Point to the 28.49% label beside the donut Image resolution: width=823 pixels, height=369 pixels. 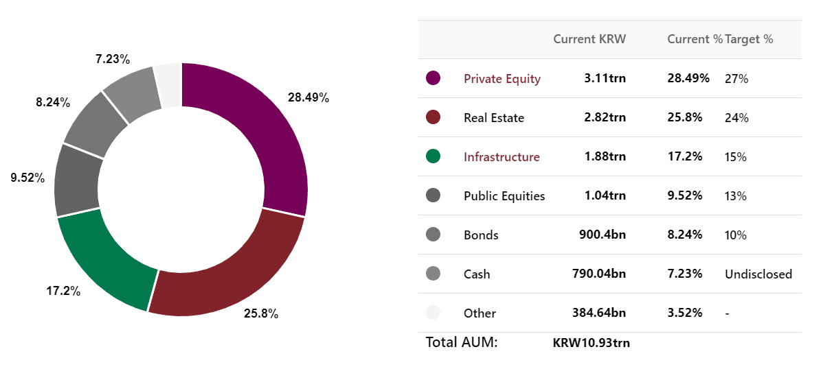click(x=308, y=97)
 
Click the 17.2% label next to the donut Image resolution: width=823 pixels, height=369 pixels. click(x=63, y=291)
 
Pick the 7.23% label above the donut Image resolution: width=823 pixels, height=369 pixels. click(x=113, y=59)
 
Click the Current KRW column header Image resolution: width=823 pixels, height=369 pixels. click(x=589, y=39)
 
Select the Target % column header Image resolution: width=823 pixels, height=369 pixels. click(x=749, y=39)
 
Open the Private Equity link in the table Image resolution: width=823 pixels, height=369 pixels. click(x=501, y=79)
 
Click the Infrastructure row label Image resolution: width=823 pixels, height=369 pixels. click(x=501, y=156)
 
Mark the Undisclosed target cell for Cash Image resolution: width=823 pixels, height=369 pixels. click(x=758, y=274)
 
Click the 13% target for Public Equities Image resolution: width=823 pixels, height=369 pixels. click(x=736, y=196)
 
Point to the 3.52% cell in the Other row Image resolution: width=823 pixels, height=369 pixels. click(x=684, y=313)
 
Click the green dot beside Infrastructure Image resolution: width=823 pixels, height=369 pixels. click(x=433, y=156)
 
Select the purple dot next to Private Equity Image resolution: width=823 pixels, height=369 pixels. click(x=433, y=78)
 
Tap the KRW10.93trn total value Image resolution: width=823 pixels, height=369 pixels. click(x=591, y=344)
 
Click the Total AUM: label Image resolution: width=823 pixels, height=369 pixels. click(x=462, y=343)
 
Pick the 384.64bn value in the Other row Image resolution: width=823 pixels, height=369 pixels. click(x=599, y=313)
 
